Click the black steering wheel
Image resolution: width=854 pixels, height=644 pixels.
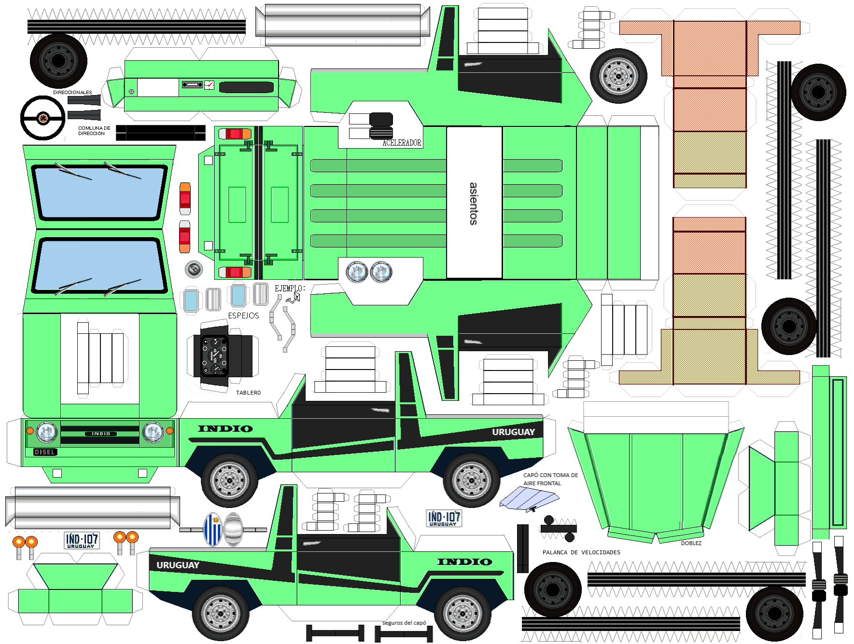42,118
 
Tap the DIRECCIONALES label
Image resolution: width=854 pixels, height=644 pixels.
72,92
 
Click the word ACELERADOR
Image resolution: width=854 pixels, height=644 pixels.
402,143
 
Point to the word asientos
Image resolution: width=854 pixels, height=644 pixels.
474,204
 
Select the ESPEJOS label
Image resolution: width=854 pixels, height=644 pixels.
243,315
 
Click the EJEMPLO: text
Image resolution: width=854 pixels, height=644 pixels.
290,288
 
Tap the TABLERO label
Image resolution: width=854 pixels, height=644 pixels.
248,393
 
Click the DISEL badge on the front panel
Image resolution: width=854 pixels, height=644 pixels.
45,452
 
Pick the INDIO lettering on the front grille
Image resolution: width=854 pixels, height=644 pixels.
101,434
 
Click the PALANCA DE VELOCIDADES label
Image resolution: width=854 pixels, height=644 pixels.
581,552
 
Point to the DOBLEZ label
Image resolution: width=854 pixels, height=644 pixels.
691,543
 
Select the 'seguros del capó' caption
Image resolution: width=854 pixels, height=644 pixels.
404,623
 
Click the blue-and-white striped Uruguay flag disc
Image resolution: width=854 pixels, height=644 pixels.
212,529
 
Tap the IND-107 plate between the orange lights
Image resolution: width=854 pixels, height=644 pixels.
82,540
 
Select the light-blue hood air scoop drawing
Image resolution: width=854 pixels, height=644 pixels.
529,498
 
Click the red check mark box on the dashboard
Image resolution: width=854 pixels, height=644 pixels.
209,85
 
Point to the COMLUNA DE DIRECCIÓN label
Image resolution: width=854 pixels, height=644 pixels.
94,131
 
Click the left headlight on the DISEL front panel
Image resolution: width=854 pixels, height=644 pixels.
47,432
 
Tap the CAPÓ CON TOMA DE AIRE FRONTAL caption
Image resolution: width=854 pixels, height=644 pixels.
550,479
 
